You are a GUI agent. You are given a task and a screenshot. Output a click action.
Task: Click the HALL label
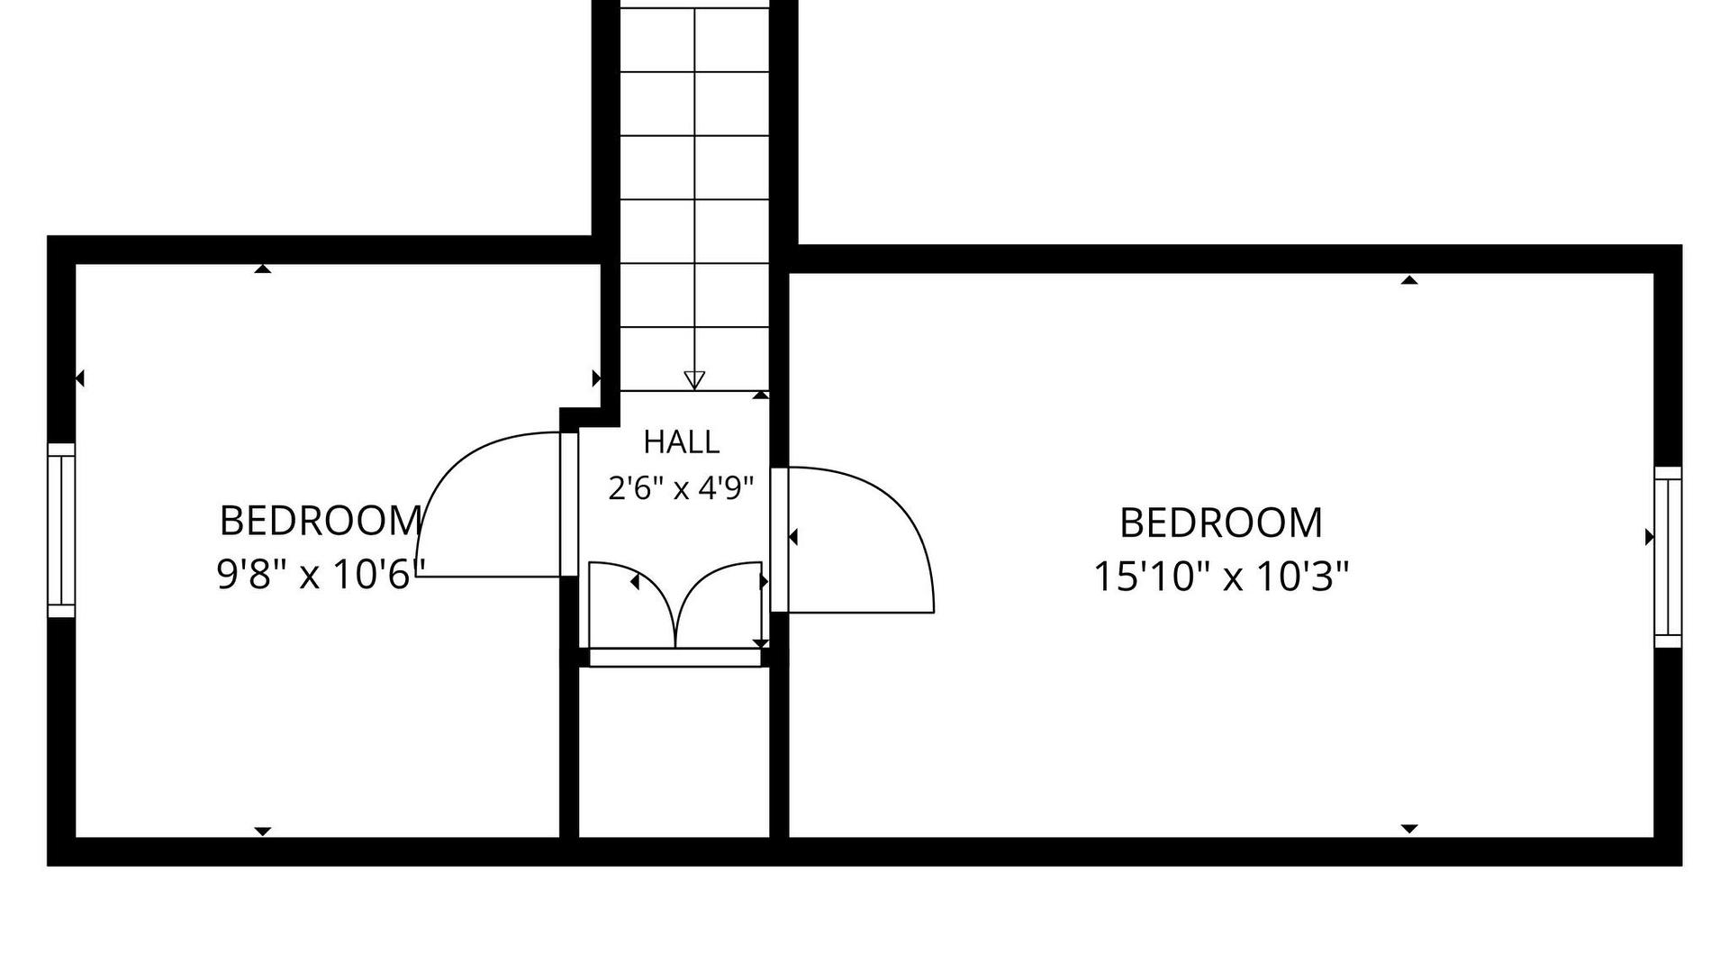[x=681, y=441]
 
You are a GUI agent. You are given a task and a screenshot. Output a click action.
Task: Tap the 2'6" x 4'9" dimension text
[x=681, y=488]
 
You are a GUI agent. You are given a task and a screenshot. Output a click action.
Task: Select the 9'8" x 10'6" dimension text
[x=320, y=574]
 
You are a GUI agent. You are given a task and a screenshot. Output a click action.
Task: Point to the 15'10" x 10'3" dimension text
[x=1221, y=577]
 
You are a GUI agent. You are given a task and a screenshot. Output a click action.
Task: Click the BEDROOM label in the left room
[x=321, y=521]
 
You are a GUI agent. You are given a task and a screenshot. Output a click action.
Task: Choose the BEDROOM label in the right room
[x=1221, y=523]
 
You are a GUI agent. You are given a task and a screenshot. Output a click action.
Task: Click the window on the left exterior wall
[x=61, y=531]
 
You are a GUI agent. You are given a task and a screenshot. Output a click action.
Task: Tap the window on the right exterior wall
[x=1668, y=557]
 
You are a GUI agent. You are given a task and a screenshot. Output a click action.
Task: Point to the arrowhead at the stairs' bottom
[x=694, y=380]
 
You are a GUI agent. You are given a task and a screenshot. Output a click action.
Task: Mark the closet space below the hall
[x=674, y=752]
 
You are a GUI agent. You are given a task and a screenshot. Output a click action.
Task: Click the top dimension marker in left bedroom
[x=263, y=268]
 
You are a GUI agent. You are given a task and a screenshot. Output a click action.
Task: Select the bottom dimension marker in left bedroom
[x=263, y=832]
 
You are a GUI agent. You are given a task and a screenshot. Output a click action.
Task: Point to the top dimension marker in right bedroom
[x=1409, y=280]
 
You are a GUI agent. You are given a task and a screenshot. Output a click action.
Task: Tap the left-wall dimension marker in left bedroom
[x=79, y=378]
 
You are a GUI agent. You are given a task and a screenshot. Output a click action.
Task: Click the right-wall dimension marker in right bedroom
[x=1650, y=537]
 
